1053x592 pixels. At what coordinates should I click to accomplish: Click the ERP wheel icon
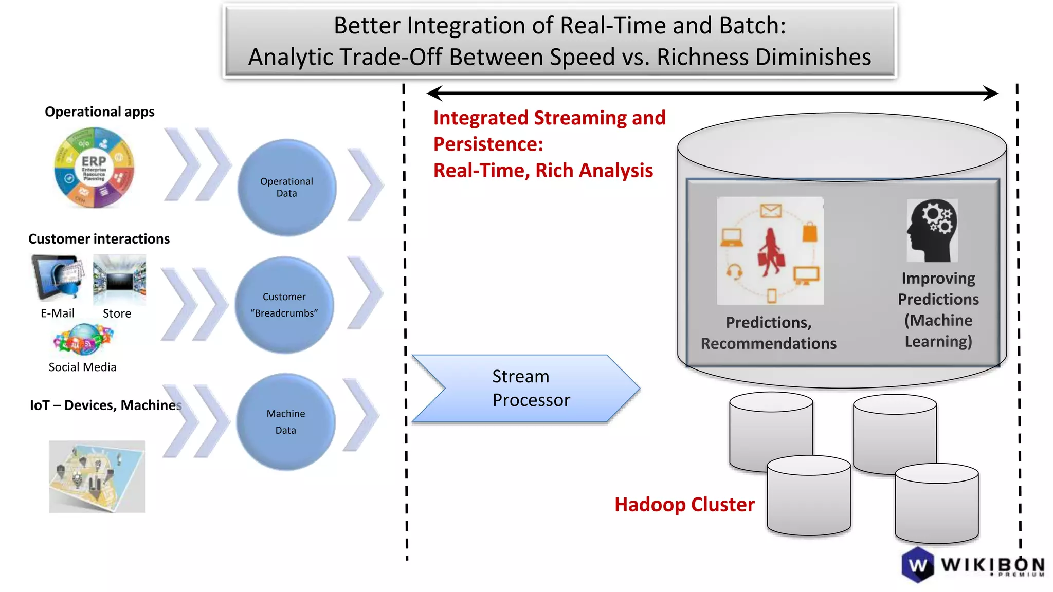94,168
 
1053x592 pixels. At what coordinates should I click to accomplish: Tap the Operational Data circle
286,188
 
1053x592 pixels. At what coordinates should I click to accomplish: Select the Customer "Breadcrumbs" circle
284,305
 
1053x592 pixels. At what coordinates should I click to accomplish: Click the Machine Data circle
285,422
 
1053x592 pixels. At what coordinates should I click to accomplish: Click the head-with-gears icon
932,230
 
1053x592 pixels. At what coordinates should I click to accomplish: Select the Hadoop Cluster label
684,505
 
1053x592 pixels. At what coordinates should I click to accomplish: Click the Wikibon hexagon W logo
918,565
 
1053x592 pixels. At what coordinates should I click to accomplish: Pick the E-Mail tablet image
58,277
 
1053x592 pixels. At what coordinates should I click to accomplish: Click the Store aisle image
119,280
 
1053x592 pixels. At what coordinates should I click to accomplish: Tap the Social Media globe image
83,340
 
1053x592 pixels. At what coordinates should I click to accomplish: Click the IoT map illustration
97,476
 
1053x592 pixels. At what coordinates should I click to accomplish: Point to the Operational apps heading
99,112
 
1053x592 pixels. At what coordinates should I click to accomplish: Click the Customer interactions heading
99,239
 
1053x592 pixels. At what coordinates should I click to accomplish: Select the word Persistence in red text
487,144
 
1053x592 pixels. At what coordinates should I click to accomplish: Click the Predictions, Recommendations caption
768,332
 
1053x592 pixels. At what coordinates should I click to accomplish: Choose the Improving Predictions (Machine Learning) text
938,309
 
